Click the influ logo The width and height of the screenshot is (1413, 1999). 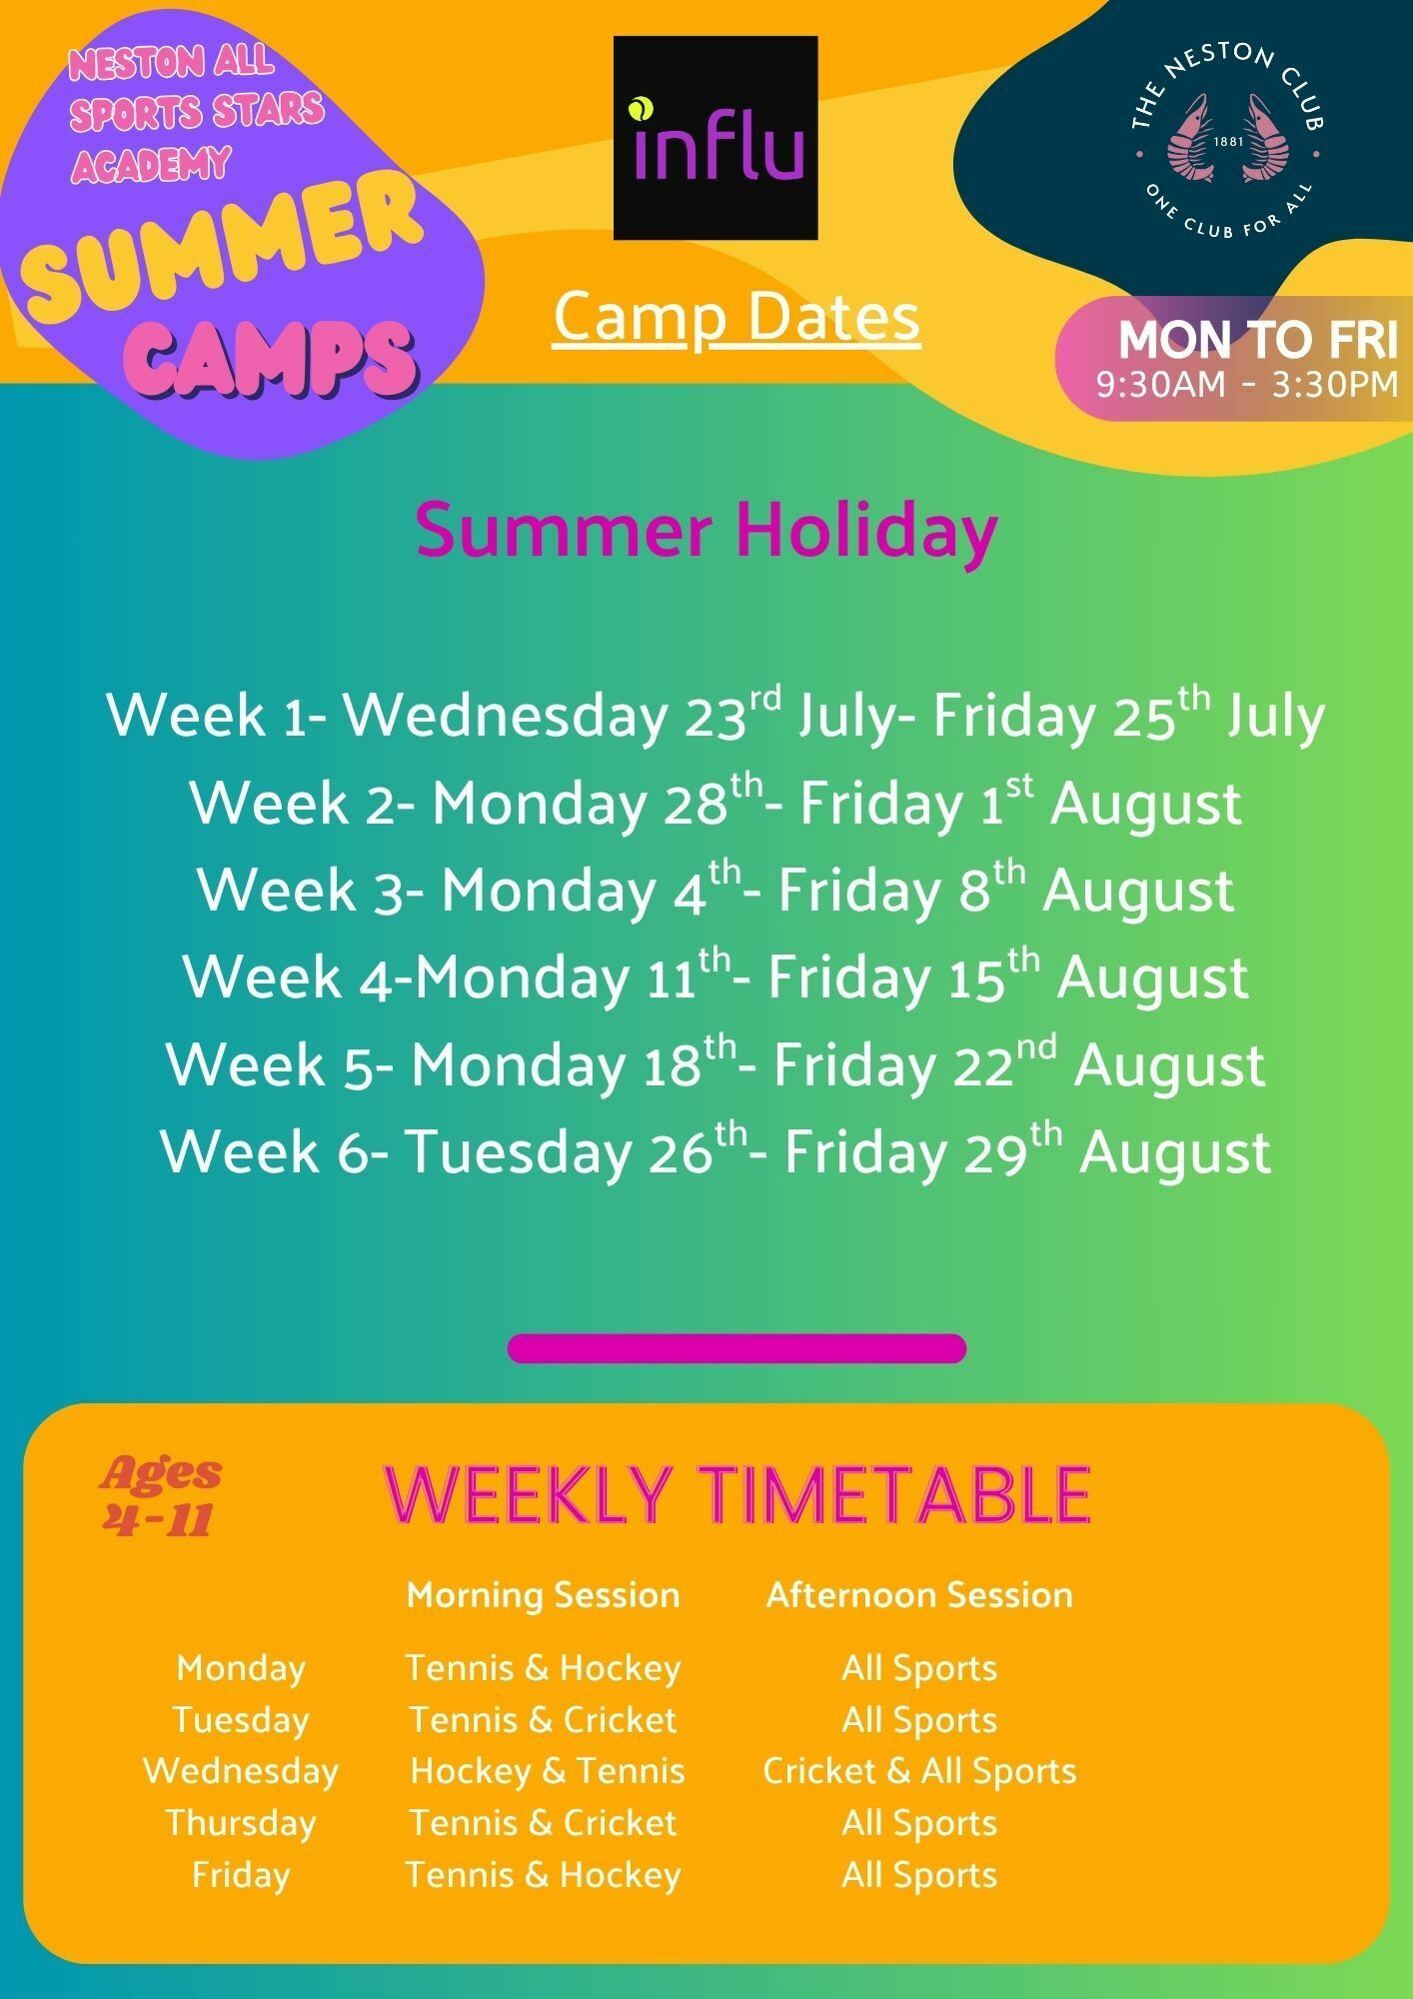click(715, 138)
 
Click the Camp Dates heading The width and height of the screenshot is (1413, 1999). click(736, 318)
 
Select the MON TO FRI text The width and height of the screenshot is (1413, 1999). click(1257, 340)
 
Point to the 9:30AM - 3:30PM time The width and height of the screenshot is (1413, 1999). click(1247, 384)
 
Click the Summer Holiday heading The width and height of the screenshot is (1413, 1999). click(706, 530)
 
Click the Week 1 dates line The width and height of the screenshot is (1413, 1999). click(715, 715)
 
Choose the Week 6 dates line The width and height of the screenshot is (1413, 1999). click(715, 1150)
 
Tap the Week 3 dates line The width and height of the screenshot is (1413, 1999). click(715, 889)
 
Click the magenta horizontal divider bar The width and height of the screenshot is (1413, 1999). click(736, 1348)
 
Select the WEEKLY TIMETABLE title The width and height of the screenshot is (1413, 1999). click(736, 1495)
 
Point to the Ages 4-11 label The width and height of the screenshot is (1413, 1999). click(160, 1495)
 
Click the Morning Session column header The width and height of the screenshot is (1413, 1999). click(543, 1594)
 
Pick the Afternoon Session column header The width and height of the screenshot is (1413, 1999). click(919, 1594)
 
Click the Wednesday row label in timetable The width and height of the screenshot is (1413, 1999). click(241, 1770)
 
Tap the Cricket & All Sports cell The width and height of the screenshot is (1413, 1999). click(919, 1770)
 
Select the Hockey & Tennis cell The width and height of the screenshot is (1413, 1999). click(547, 1770)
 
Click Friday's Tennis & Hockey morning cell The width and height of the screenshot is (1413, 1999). click(543, 1874)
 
